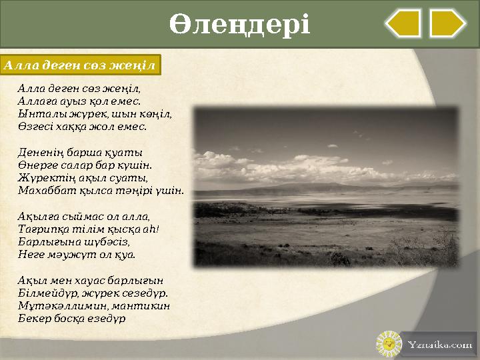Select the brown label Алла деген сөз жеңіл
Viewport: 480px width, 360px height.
click(80, 65)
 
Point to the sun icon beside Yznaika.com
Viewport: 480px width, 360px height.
click(387, 344)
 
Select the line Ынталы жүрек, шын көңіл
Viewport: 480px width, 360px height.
click(95, 113)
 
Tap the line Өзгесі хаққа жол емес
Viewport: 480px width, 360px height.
click(83, 126)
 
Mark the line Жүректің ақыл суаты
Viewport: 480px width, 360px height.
click(83, 177)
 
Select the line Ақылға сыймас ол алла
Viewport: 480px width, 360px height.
click(84, 216)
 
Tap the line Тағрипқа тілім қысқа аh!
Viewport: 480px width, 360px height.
click(89, 229)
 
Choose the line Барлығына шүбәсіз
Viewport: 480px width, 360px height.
click(74, 241)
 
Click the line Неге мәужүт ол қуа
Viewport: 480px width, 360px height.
click(77, 254)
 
